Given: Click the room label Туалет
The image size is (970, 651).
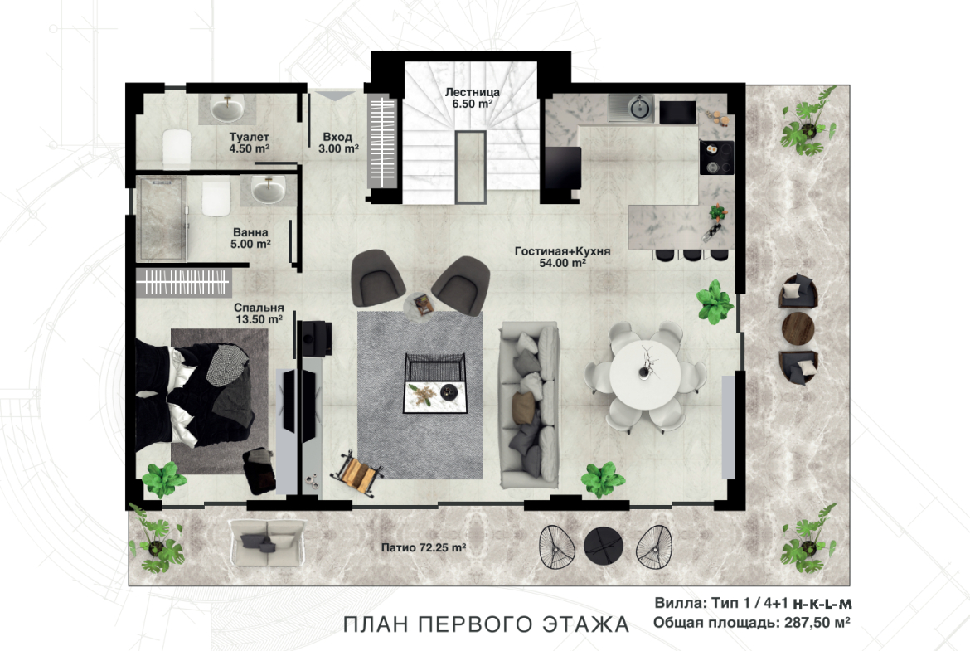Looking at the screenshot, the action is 250,137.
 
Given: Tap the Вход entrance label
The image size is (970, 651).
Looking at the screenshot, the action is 337,137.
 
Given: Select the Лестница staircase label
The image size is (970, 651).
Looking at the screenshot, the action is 472,92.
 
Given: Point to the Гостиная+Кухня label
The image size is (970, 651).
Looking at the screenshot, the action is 562,251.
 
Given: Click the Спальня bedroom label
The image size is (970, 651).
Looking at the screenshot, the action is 259,308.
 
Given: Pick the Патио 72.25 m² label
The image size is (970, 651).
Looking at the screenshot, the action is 423,547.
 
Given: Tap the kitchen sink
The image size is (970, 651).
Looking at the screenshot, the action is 631,109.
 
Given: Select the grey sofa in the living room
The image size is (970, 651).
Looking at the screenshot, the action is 530,406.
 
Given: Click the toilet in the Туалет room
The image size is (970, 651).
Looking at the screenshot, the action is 177,148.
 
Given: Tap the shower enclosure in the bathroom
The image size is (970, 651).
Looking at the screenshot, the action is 162,219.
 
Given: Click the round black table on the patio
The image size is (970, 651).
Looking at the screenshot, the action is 604,545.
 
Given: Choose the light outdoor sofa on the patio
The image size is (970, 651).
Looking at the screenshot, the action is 267,542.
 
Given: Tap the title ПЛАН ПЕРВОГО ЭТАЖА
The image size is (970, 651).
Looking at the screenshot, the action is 486,624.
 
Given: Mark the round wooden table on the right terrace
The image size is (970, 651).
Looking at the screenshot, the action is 798,328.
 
